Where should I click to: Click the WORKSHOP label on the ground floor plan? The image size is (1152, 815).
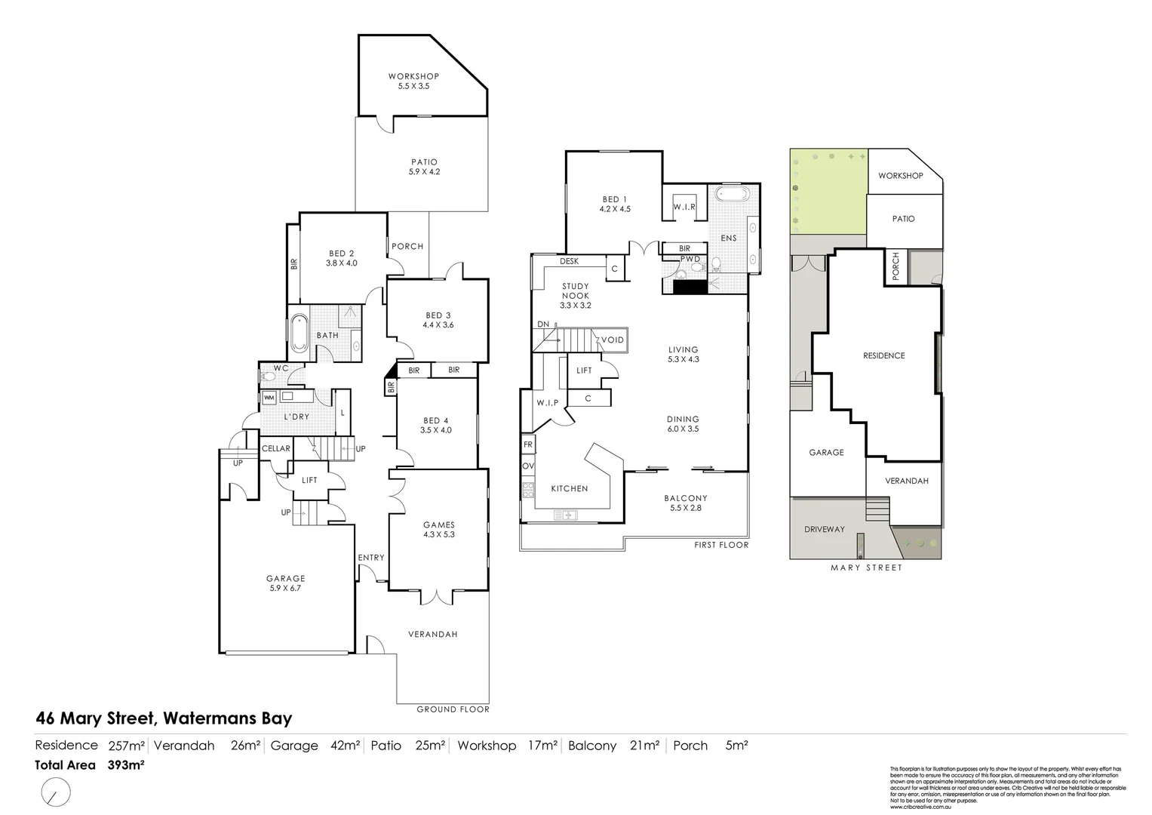413,76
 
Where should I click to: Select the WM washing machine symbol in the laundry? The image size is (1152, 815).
269,397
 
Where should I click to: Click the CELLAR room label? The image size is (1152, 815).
276,448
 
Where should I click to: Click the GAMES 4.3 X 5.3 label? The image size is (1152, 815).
438,529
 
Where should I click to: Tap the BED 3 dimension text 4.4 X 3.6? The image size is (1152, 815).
438,325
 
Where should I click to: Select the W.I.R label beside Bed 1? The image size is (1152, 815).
684,207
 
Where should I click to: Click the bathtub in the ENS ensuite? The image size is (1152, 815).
731,195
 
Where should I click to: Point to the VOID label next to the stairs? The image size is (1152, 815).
613,340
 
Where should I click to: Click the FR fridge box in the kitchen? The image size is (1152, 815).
528,444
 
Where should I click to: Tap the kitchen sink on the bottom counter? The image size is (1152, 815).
565,515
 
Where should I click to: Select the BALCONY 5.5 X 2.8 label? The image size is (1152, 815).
686,503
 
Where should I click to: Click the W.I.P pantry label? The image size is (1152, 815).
548,402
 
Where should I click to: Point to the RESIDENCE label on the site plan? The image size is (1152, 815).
883,355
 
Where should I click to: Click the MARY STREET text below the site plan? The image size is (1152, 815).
866,567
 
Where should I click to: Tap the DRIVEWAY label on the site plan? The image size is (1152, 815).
824,529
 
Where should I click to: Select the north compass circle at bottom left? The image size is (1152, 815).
55,792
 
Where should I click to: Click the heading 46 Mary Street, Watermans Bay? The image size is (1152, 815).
164,718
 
